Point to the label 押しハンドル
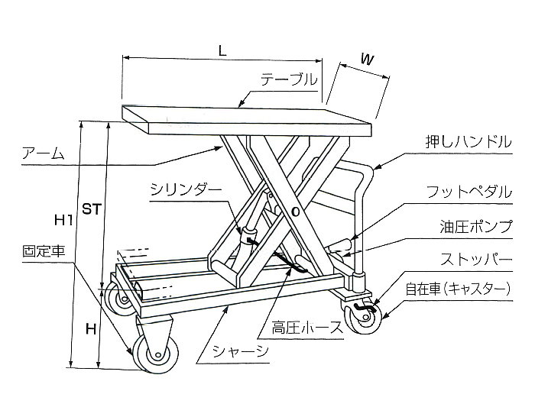coord(469,142)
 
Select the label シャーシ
coord(240,352)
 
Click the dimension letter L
coord(221,51)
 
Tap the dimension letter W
coord(366,59)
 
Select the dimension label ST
coord(92,208)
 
